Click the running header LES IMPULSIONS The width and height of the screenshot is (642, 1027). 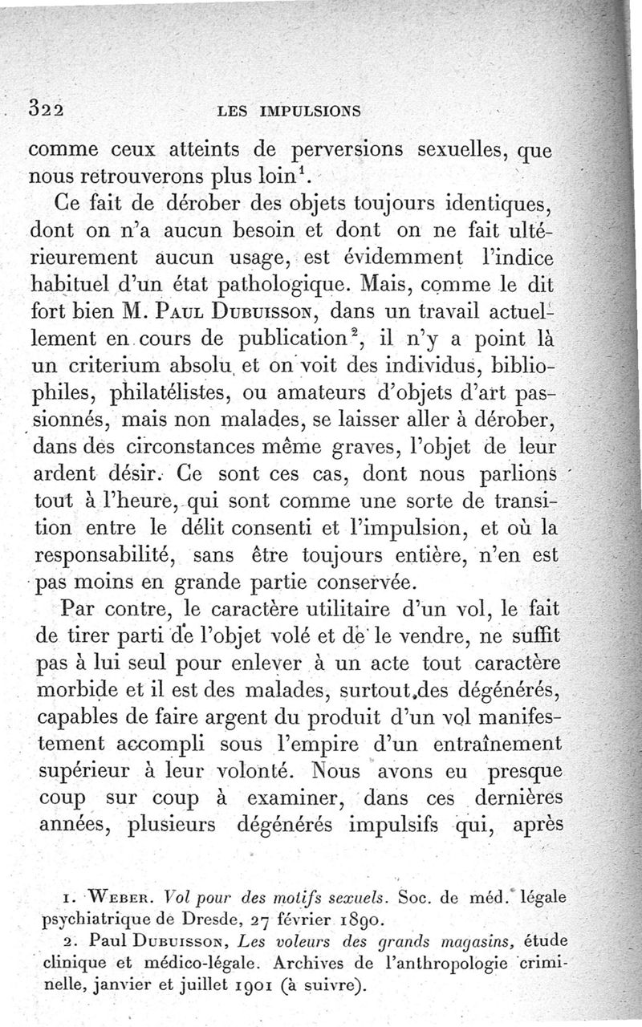pos(288,111)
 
